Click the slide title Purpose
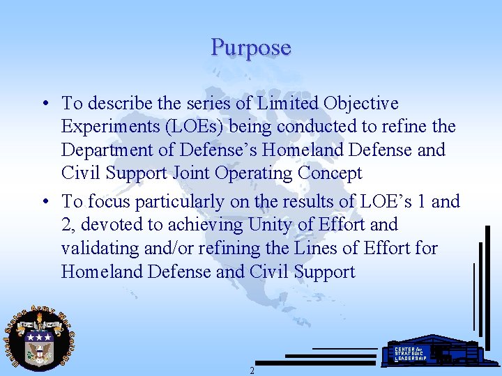(x=251, y=47)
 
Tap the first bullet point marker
(x=44, y=104)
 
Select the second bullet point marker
(x=44, y=202)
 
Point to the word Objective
(x=361, y=104)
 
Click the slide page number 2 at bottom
(x=252, y=370)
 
